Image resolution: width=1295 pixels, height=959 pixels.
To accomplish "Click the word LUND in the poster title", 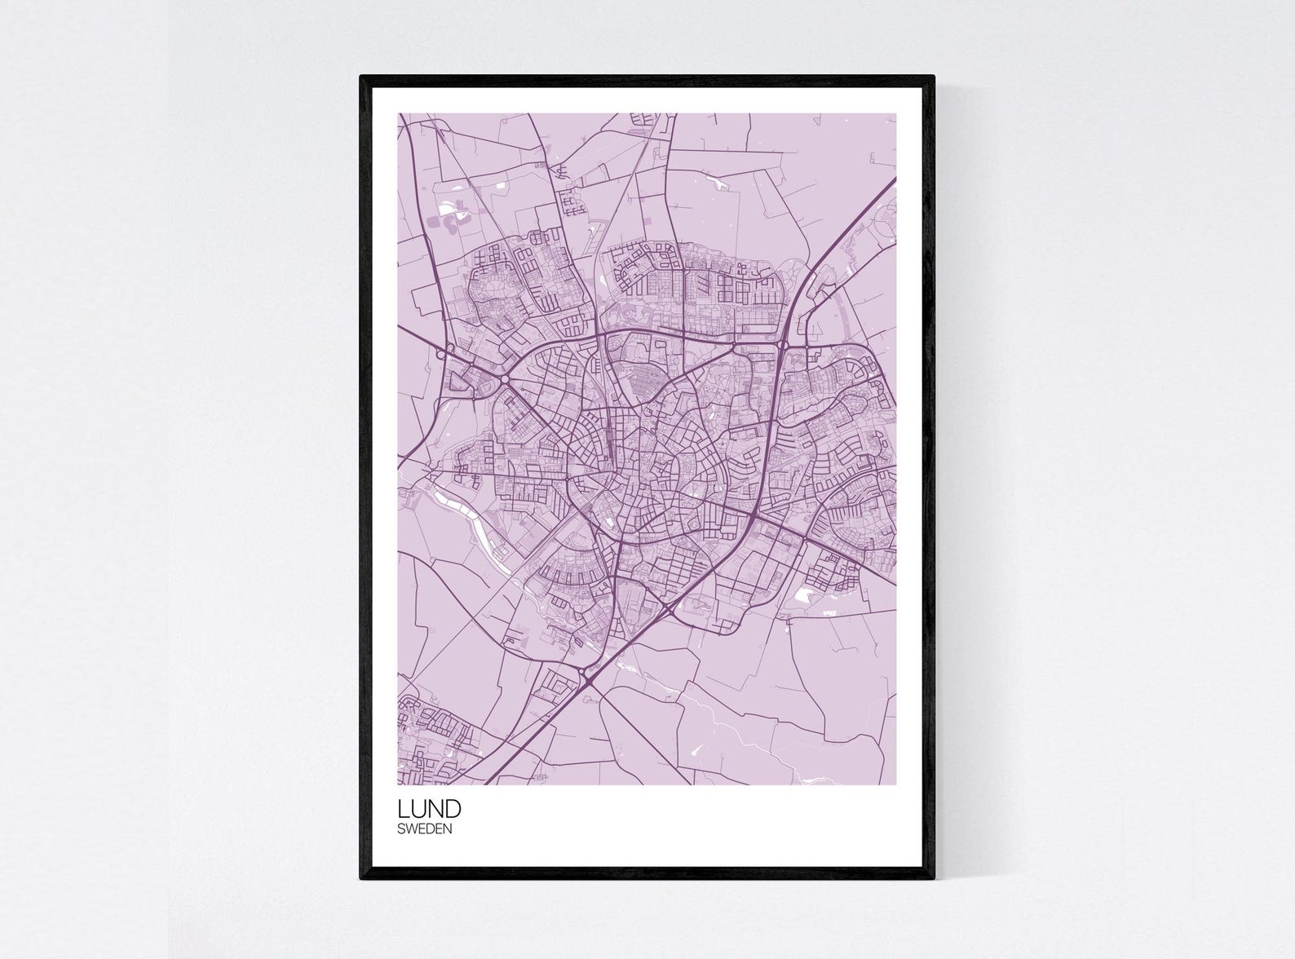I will pyautogui.click(x=429, y=809).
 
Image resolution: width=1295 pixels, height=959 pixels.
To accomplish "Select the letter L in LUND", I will pyautogui.click(x=403, y=809).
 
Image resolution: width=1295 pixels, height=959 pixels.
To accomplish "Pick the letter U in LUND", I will pyautogui.click(x=418, y=809).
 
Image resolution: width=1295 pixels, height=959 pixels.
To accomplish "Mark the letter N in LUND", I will pyautogui.click(x=435, y=809).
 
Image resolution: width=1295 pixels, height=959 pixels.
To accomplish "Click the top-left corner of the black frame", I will pyautogui.click(x=361, y=77).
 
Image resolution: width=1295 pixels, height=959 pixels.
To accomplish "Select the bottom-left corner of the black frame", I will pyautogui.click(x=361, y=878).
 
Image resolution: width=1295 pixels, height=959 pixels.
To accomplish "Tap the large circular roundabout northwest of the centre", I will pyautogui.click(x=505, y=379).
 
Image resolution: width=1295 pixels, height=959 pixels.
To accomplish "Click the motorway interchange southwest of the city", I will pyautogui.click(x=589, y=676).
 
